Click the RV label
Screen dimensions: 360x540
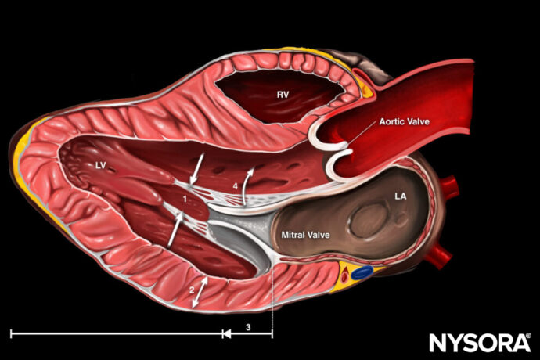point(283,94)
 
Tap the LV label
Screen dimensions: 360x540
point(100,165)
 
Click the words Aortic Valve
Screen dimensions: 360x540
point(405,122)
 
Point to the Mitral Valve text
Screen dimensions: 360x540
point(302,233)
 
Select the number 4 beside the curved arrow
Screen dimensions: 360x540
point(235,186)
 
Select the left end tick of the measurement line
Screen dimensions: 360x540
point(11,333)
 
